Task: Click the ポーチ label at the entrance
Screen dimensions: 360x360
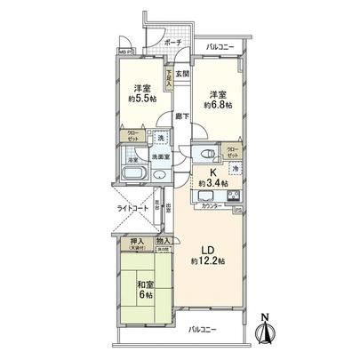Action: (173, 43)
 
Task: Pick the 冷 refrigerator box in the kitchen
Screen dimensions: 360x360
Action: (235, 168)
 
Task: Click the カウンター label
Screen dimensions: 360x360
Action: (212, 206)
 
